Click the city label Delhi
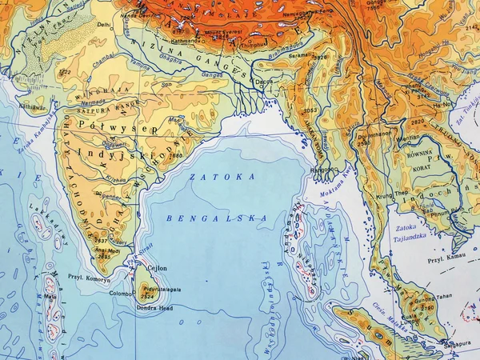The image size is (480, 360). click(x=104, y=25)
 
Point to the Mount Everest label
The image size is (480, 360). click(x=221, y=32)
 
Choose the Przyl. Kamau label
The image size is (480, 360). click(x=447, y=259)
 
